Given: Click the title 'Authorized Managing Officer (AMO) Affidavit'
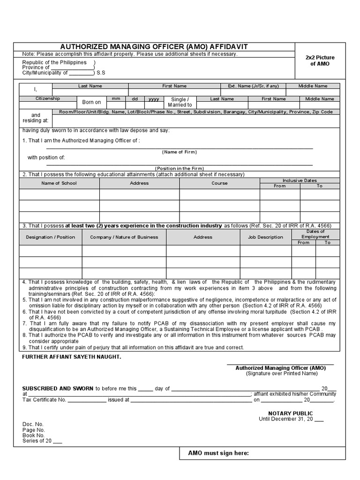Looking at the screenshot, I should click(154, 47).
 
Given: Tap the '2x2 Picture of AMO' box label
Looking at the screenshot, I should click(320, 60).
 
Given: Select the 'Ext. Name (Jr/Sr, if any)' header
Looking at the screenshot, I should click(253, 86).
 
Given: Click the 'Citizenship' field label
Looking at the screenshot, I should click(48, 99).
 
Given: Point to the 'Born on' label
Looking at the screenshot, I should click(91, 102).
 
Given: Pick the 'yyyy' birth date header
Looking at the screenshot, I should click(154, 99).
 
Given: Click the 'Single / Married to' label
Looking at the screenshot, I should click(180, 102).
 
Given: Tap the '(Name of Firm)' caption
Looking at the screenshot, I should click(180, 152).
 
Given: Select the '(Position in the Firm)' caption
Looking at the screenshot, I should click(180, 168).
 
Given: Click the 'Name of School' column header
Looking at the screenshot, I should click(59, 183).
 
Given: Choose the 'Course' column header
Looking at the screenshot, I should click(219, 183).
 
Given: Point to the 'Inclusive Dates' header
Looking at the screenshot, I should click(300, 180).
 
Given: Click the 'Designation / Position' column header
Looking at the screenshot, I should click(51, 237).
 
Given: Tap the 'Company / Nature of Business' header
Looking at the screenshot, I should click(124, 237).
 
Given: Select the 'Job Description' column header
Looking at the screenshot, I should click(265, 237).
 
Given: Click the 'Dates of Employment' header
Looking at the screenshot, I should click(315, 234).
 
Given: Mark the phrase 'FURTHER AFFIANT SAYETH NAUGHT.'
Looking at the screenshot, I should click(72, 357).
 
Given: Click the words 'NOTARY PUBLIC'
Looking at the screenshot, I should click(290, 413).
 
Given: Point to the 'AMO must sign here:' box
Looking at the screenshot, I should click(218, 453).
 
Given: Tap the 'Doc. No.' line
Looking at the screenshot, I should click(33, 424).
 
